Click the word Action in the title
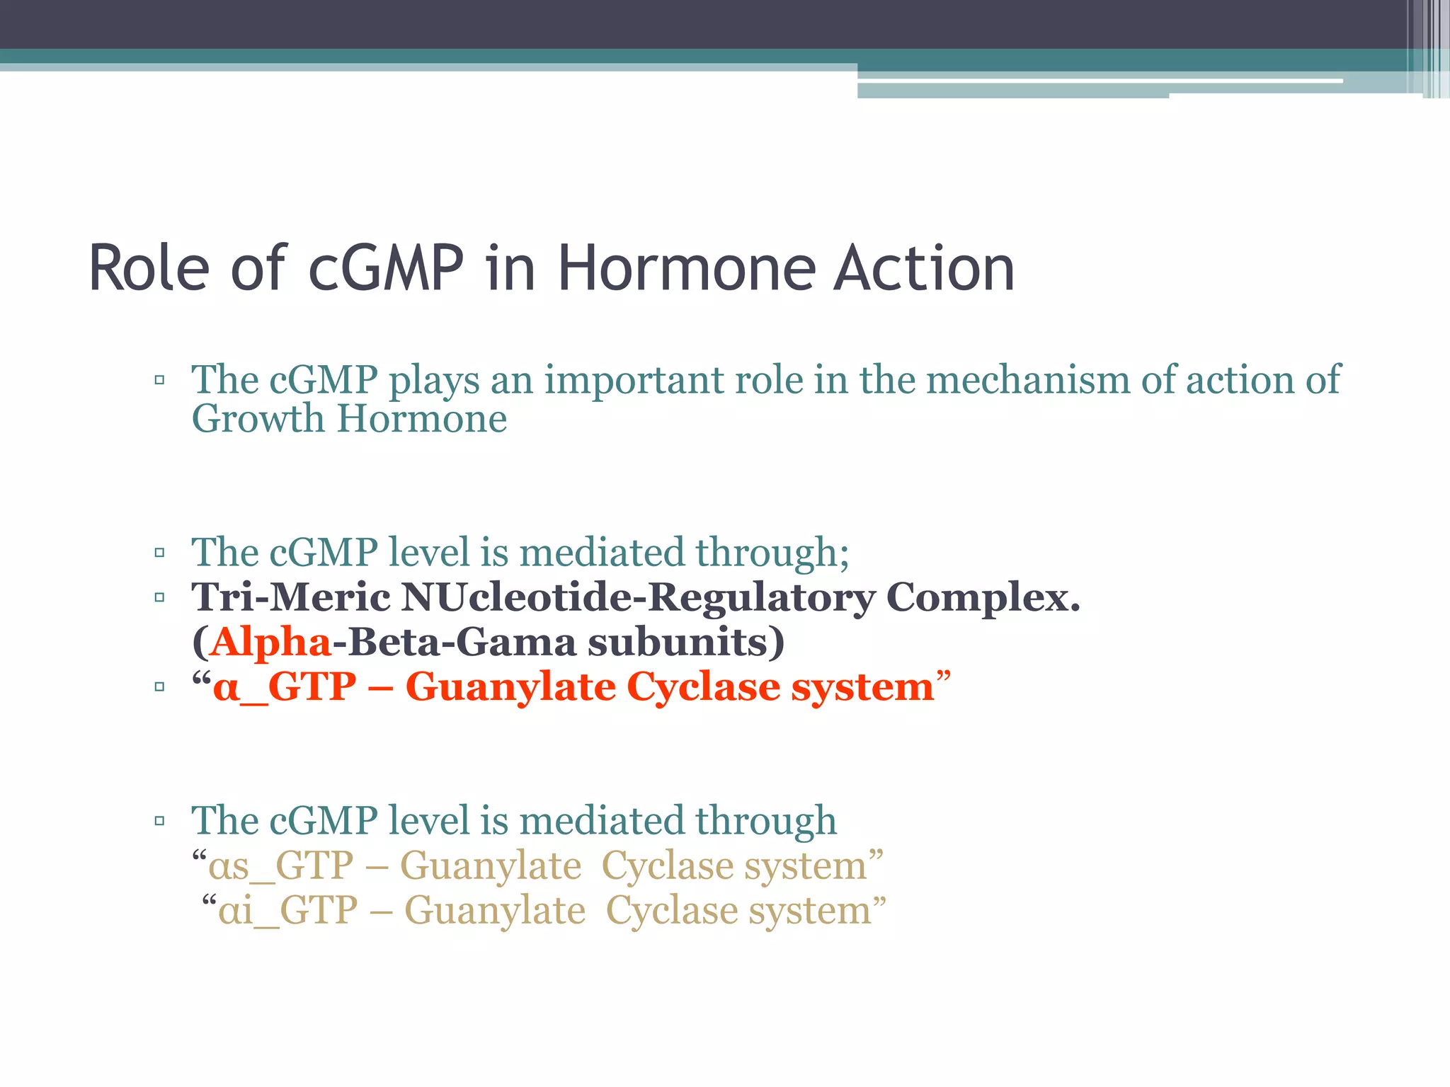[924, 268]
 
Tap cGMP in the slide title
[386, 268]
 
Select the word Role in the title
[149, 268]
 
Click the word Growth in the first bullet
[258, 419]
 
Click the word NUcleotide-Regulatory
[638, 598]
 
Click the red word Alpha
[270, 643]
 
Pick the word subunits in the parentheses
[685, 643]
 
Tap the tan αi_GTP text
[287, 911]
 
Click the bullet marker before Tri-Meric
[159, 598]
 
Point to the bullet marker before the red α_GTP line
[159, 687]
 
